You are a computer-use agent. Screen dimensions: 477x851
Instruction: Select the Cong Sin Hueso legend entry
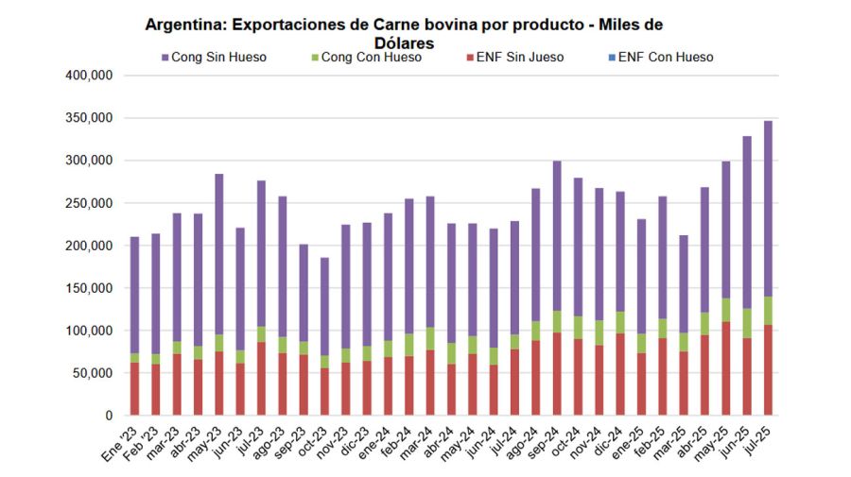[218, 58]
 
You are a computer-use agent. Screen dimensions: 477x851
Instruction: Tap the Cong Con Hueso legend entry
[371, 58]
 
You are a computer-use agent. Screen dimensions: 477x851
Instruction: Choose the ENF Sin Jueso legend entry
[519, 58]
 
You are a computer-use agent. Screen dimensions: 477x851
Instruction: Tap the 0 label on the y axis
[109, 416]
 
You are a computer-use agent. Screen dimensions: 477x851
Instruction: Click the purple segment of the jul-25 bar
[768, 208]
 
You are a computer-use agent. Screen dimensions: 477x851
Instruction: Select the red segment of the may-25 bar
[725, 368]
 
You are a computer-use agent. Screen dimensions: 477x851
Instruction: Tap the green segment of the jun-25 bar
[747, 323]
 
